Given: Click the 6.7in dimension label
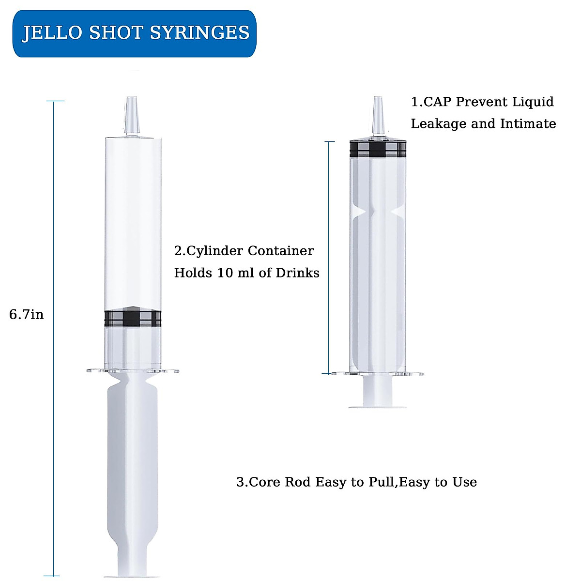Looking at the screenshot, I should (27, 315).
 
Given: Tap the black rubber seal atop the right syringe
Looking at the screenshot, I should (378, 149).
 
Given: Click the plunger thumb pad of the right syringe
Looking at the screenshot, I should (378, 406).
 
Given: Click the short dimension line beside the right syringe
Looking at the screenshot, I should (329, 257).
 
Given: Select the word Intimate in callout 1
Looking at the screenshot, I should (528, 124).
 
